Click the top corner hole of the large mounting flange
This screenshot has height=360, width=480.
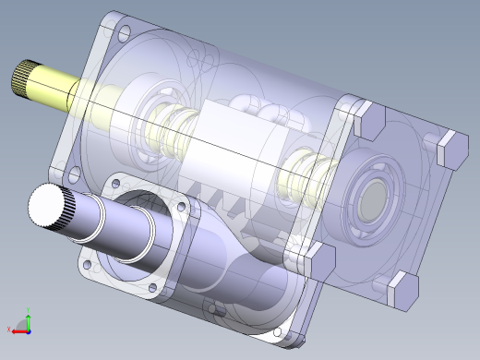coord(125,32)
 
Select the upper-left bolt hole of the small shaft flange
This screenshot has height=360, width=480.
coord(114,186)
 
